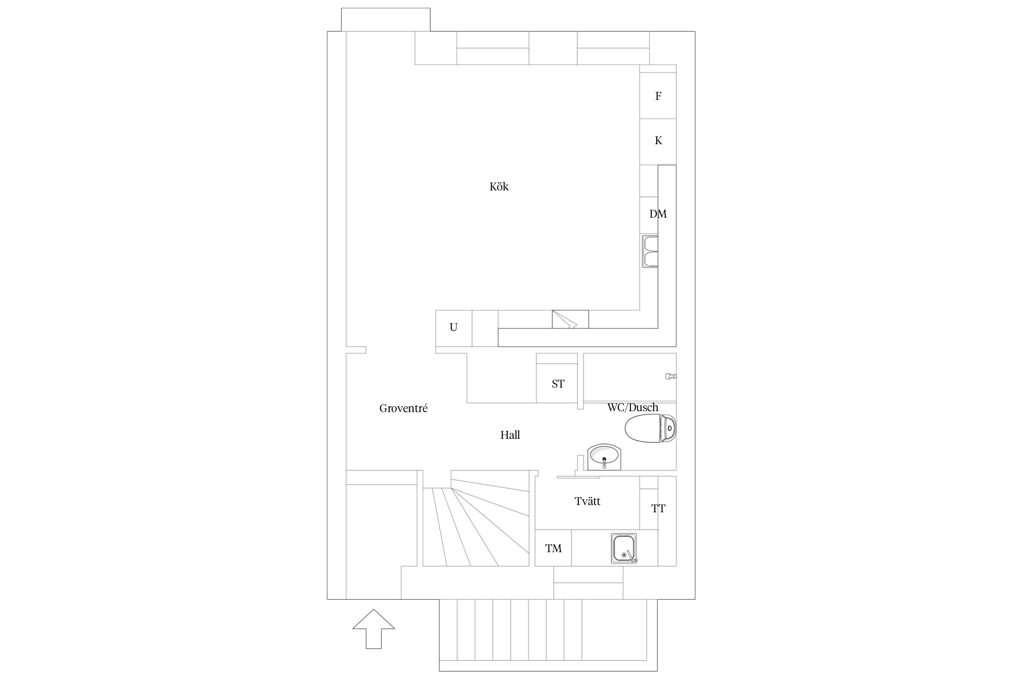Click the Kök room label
[x=499, y=186]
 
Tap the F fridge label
[x=658, y=96]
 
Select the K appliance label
[x=658, y=141]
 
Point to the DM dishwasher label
[x=658, y=214]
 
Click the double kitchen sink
[x=650, y=252]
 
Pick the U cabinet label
[x=453, y=327]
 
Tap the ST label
[x=558, y=384]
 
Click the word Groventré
[x=404, y=408]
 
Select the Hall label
[x=510, y=435]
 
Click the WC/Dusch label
[x=633, y=408]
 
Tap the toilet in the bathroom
[x=651, y=428]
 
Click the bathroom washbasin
[x=605, y=457]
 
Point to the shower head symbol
[x=671, y=376]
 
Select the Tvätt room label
[x=587, y=501]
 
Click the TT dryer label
[x=658, y=509]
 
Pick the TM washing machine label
[x=553, y=549]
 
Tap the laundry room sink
[x=624, y=549]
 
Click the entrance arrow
[x=374, y=629]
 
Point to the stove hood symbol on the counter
[x=570, y=319]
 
